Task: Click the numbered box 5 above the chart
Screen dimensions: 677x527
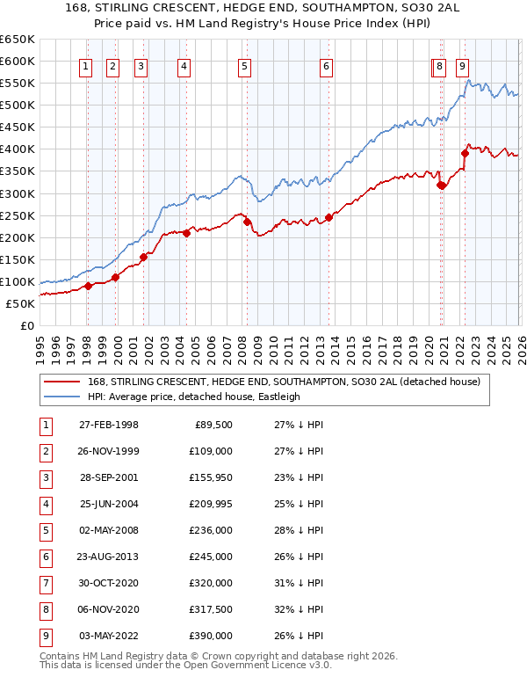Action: [243, 66]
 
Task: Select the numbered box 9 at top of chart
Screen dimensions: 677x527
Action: [462, 66]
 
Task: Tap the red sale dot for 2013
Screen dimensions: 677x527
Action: [328, 217]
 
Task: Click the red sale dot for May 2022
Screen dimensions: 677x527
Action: [465, 153]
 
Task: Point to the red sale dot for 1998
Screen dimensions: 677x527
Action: [88, 286]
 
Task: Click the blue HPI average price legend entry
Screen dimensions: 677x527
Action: [193, 397]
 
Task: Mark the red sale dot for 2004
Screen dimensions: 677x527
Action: [186, 233]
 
